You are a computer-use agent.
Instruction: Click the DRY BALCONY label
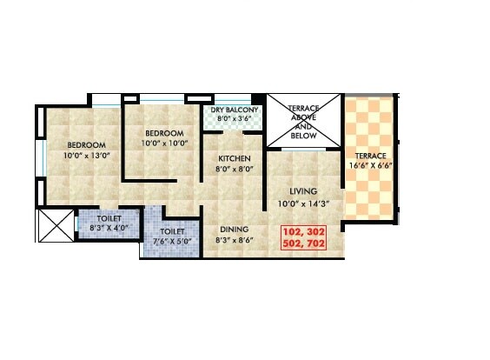(234, 110)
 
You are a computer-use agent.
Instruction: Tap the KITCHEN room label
(234, 159)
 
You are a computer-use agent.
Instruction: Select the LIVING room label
(303, 191)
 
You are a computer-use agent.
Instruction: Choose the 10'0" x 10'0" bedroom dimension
(165, 144)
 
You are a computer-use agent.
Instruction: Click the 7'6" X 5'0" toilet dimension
(171, 243)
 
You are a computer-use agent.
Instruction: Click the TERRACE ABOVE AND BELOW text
(304, 120)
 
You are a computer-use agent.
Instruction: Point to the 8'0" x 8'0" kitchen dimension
(234, 170)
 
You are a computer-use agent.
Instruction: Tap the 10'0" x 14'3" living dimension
(303, 203)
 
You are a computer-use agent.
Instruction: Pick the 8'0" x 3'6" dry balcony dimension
(234, 120)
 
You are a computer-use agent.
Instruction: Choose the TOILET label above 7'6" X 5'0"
(172, 232)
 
